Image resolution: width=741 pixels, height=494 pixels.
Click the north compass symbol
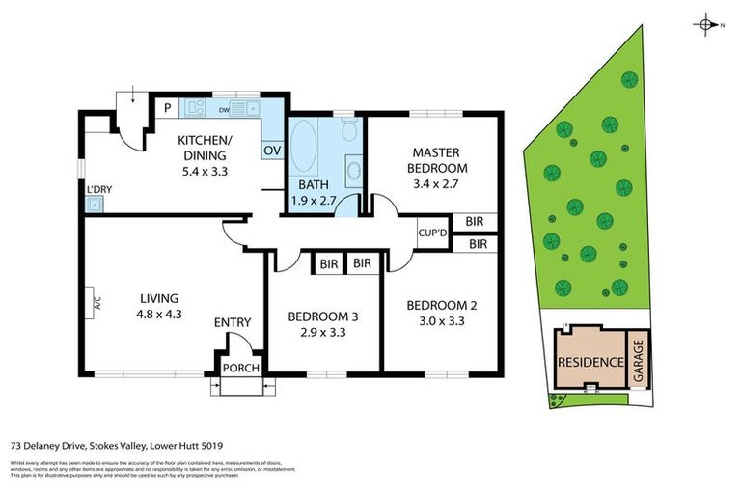[x=707, y=24]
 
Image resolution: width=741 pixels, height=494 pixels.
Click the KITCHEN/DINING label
[x=203, y=148]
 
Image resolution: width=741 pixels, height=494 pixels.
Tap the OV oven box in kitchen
[x=272, y=151]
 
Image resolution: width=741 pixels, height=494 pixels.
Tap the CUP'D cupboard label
[x=431, y=232]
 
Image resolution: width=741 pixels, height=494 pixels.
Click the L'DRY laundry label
[x=98, y=189]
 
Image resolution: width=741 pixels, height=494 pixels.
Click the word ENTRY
[x=232, y=322]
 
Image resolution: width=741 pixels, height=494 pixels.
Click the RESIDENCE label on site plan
[x=589, y=362]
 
